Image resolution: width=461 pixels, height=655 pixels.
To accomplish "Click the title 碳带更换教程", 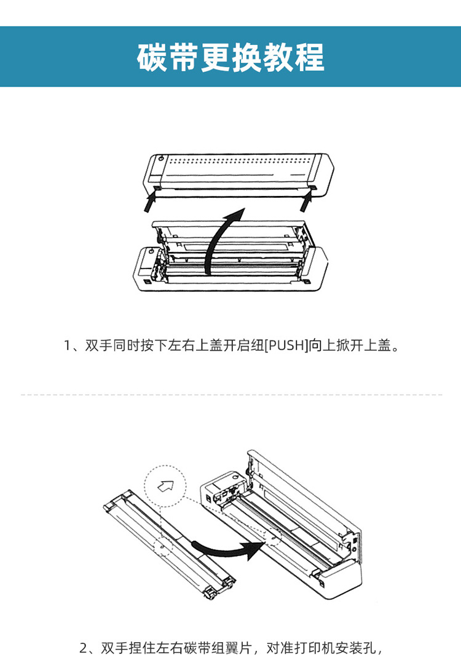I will pyautogui.click(x=230, y=57).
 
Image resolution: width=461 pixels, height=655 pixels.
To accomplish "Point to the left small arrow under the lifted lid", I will pyautogui.click(x=148, y=201).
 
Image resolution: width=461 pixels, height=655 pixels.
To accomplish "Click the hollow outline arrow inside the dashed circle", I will pyautogui.click(x=165, y=487).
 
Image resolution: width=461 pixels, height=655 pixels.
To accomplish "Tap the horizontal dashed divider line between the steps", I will pyautogui.click(x=230, y=394).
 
